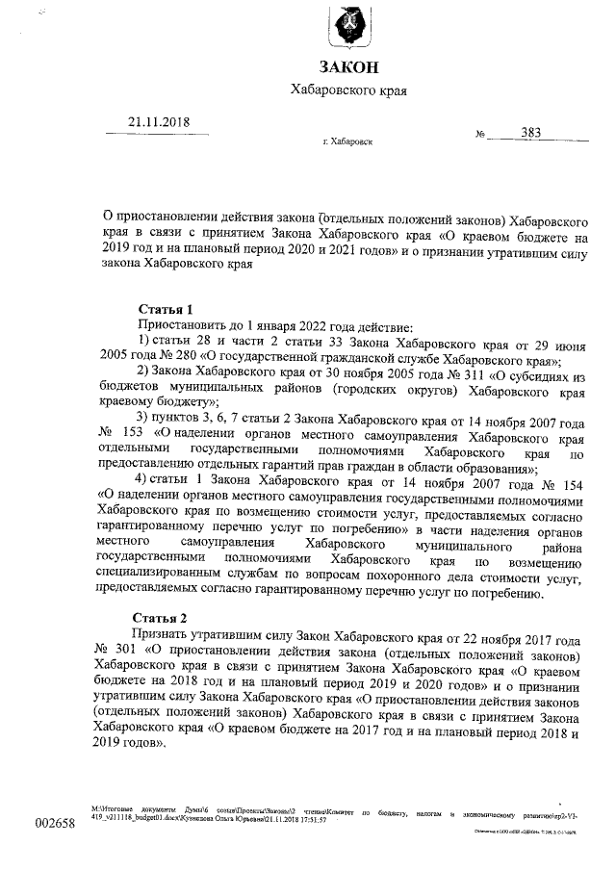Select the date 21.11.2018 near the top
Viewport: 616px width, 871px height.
click(x=160, y=122)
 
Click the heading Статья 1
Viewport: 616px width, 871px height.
click(x=166, y=309)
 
